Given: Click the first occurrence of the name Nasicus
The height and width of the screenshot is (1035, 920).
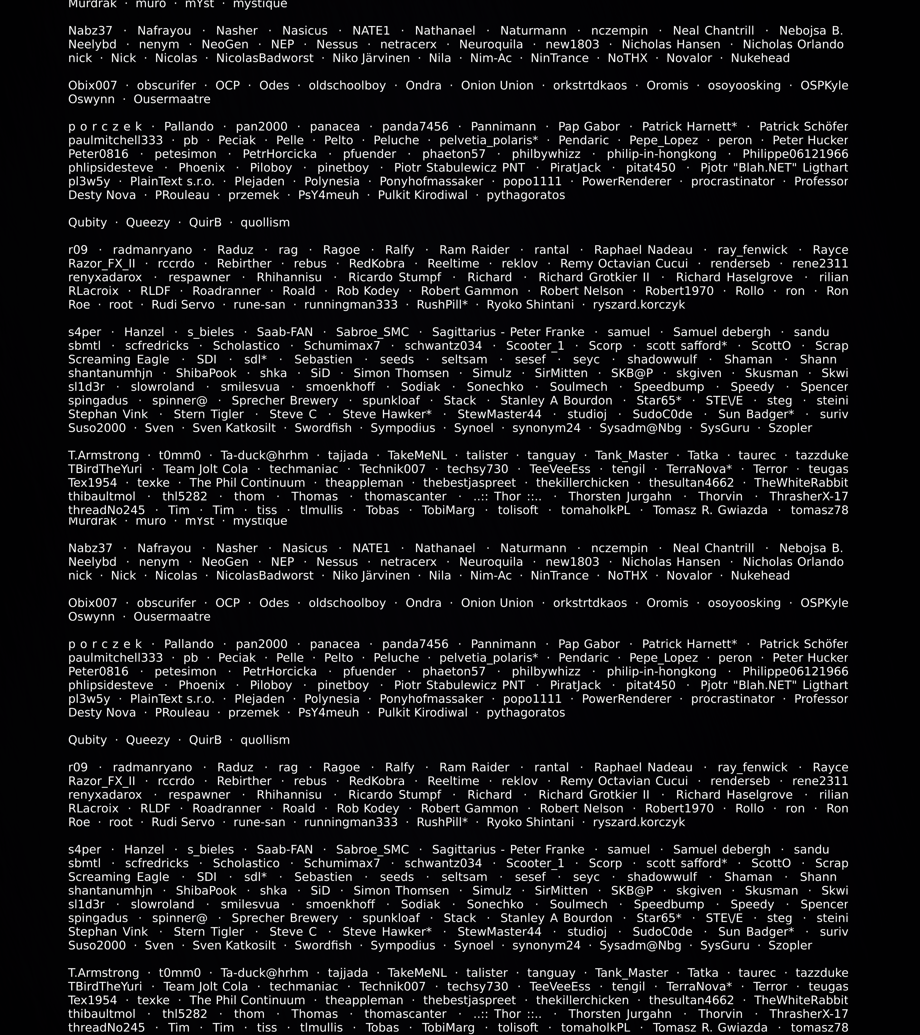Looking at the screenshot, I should pos(305,31).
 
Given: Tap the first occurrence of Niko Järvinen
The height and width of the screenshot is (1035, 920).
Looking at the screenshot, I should pos(371,58).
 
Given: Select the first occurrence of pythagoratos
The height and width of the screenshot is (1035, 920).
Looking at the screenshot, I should pos(526,195).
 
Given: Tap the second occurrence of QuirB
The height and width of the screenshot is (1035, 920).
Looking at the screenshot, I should pos(205,740).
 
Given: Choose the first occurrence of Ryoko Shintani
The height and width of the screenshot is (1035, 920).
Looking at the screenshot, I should pos(530,305).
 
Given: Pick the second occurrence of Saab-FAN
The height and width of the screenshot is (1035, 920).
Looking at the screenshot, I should pos(285,850).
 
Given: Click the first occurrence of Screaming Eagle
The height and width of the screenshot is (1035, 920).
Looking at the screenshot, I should pos(118,359).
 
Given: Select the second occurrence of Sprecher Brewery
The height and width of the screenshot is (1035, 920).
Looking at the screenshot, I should pos(285,918).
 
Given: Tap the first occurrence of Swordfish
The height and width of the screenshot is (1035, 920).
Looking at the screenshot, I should pos(323,428).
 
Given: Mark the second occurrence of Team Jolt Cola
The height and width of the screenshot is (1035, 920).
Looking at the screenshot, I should pos(206,986).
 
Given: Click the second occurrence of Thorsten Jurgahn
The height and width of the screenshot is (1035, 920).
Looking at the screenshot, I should pos(620,1014).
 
